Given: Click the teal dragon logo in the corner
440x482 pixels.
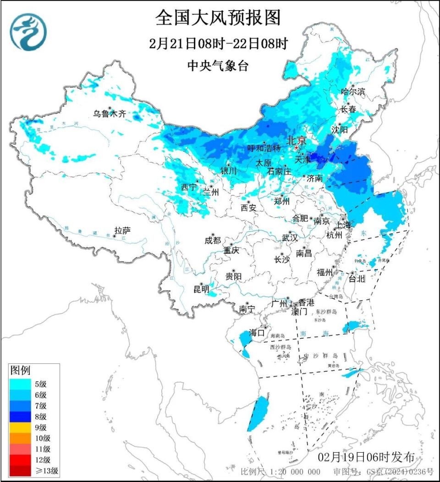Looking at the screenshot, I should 28,32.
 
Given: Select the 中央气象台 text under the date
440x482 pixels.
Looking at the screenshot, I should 218,66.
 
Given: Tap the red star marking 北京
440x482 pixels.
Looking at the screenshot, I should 297,148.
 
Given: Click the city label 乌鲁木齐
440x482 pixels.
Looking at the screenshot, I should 110,114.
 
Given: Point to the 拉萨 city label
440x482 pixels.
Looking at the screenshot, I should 123,230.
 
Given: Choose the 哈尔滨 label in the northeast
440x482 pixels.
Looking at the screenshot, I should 353,92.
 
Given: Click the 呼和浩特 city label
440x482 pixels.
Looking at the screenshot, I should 264,148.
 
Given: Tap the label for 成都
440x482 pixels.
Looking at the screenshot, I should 213,240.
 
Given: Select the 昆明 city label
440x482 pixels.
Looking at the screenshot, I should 201,289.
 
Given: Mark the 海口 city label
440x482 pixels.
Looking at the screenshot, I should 257,333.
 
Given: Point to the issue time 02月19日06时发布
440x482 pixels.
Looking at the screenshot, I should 367,457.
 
